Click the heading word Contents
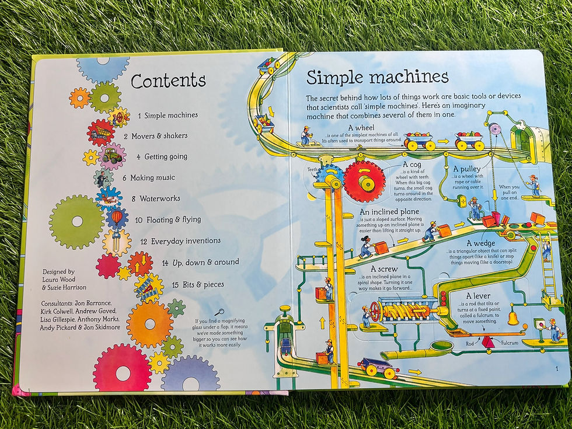point(168,81)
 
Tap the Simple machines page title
point(378,77)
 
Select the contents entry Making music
point(152,177)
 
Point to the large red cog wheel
point(364,181)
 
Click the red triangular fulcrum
point(488,342)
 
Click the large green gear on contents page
point(76,222)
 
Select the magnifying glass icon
point(219,312)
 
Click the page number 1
point(557,368)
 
